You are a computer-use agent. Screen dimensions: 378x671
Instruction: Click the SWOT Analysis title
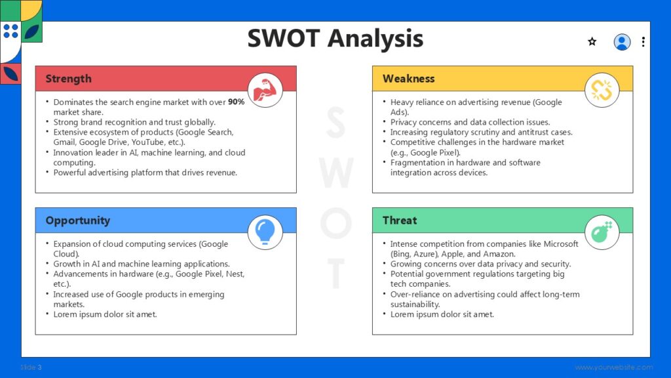click(x=335, y=39)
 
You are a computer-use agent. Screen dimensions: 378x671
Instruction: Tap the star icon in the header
click(x=592, y=42)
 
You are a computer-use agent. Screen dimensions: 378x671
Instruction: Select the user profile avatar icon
click(x=622, y=42)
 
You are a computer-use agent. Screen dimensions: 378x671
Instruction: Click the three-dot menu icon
click(x=643, y=42)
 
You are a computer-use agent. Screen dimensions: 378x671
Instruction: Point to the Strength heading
click(x=68, y=79)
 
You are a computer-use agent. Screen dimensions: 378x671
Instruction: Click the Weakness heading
click(x=408, y=79)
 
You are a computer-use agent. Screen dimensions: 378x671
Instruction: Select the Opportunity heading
click(x=77, y=220)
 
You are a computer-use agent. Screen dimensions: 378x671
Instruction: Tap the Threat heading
click(x=399, y=220)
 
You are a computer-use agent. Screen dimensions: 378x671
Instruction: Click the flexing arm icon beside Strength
click(x=265, y=90)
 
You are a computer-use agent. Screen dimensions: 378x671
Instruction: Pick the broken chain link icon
click(x=602, y=90)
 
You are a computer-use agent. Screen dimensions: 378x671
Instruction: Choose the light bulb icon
click(x=265, y=232)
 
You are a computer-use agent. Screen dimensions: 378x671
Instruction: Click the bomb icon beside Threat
click(x=602, y=232)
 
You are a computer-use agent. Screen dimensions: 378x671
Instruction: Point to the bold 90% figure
click(x=236, y=102)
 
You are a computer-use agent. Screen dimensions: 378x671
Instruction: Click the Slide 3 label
click(x=31, y=367)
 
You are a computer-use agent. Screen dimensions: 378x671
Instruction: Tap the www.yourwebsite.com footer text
click(x=614, y=367)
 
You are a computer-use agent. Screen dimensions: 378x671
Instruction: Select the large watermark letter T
click(x=335, y=273)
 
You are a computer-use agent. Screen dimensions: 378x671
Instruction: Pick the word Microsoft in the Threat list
click(x=558, y=244)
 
